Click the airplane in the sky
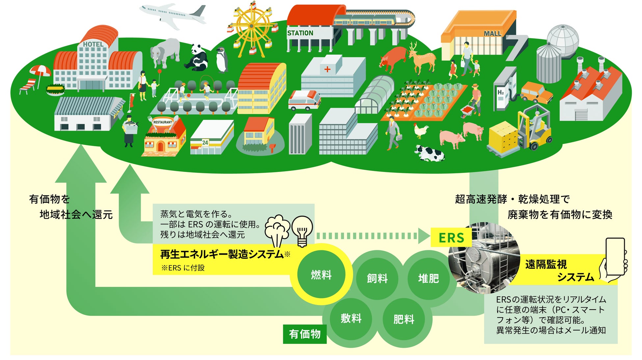tap(172, 15)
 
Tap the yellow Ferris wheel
tap(251, 26)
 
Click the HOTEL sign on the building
tap(93, 44)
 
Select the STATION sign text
tap(300, 33)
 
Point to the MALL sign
tap(492, 34)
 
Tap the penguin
tap(222, 60)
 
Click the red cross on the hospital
tap(327, 69)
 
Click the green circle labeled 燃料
tap(321, 274)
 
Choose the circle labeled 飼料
tap(377, 279)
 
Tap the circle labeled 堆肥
tap(428, 279)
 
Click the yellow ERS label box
tap(451, 237)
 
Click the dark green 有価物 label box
tap(305, 334)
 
